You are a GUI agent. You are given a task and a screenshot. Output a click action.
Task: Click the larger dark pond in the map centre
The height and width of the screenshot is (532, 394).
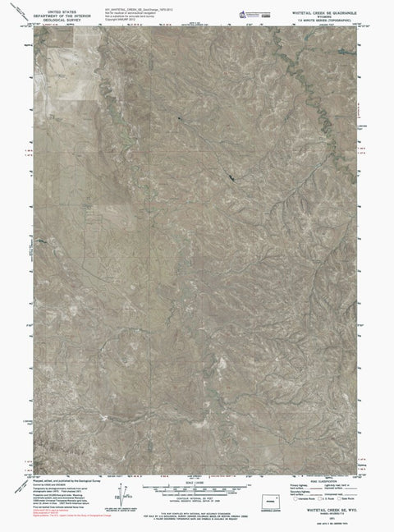232,175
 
